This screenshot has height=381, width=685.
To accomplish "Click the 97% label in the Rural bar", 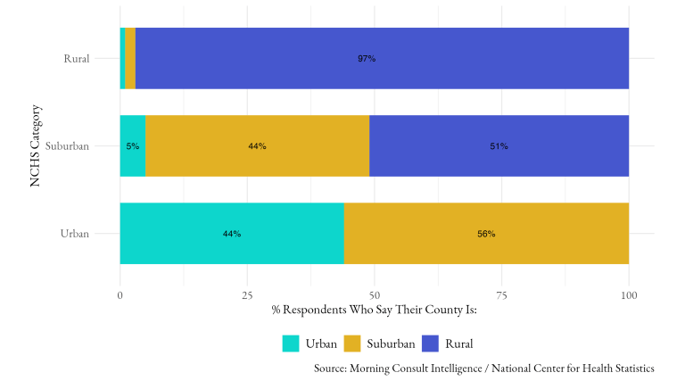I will pos(367,59).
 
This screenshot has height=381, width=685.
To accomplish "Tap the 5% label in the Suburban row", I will pos(132,146).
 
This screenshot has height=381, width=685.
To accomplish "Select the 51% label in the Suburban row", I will pos(499,146).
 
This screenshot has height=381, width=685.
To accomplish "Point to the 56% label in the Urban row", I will pos(486,234).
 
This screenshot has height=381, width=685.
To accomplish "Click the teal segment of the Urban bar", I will pos(196,234).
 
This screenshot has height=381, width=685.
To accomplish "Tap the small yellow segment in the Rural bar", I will pos(130,59).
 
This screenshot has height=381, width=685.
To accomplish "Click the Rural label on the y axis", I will pos(76,60).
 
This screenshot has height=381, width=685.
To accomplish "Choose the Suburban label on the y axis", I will pos(68,146).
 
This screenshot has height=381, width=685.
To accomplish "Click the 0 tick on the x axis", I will pos(120,294).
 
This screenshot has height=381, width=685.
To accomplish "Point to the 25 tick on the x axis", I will pos(247,294).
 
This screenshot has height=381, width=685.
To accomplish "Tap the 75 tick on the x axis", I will pos(502,294).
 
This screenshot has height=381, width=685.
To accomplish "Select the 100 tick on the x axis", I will pos(629,294).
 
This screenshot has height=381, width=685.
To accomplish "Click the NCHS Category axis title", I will pos(36,146).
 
